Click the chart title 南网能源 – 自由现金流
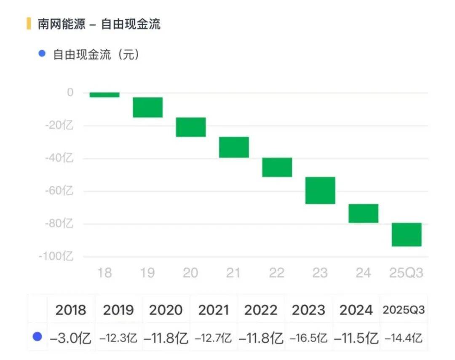[x=99, y=24]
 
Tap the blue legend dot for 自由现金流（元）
[x=42, y=54]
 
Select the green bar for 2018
[x=104, y=95]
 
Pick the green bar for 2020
[x=191, y=127]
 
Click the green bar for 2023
[x=320, y=191]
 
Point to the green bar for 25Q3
[x=407, y=234]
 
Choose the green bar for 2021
[x=234, y=147]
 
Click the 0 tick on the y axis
[x=70, y=92]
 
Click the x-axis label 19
[x=147, y=273]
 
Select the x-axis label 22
[x=277, y=273]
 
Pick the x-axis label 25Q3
[x=406, y=273]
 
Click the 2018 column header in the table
[x=71, y=310]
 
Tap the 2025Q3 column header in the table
[x=404, y=310]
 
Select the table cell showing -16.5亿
[x=309, y=338]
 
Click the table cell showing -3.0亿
[x=71, y=338]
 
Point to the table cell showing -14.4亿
[x=404, y=338]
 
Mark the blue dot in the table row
[x=37, y=337]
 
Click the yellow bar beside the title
[x=28, y=24]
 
